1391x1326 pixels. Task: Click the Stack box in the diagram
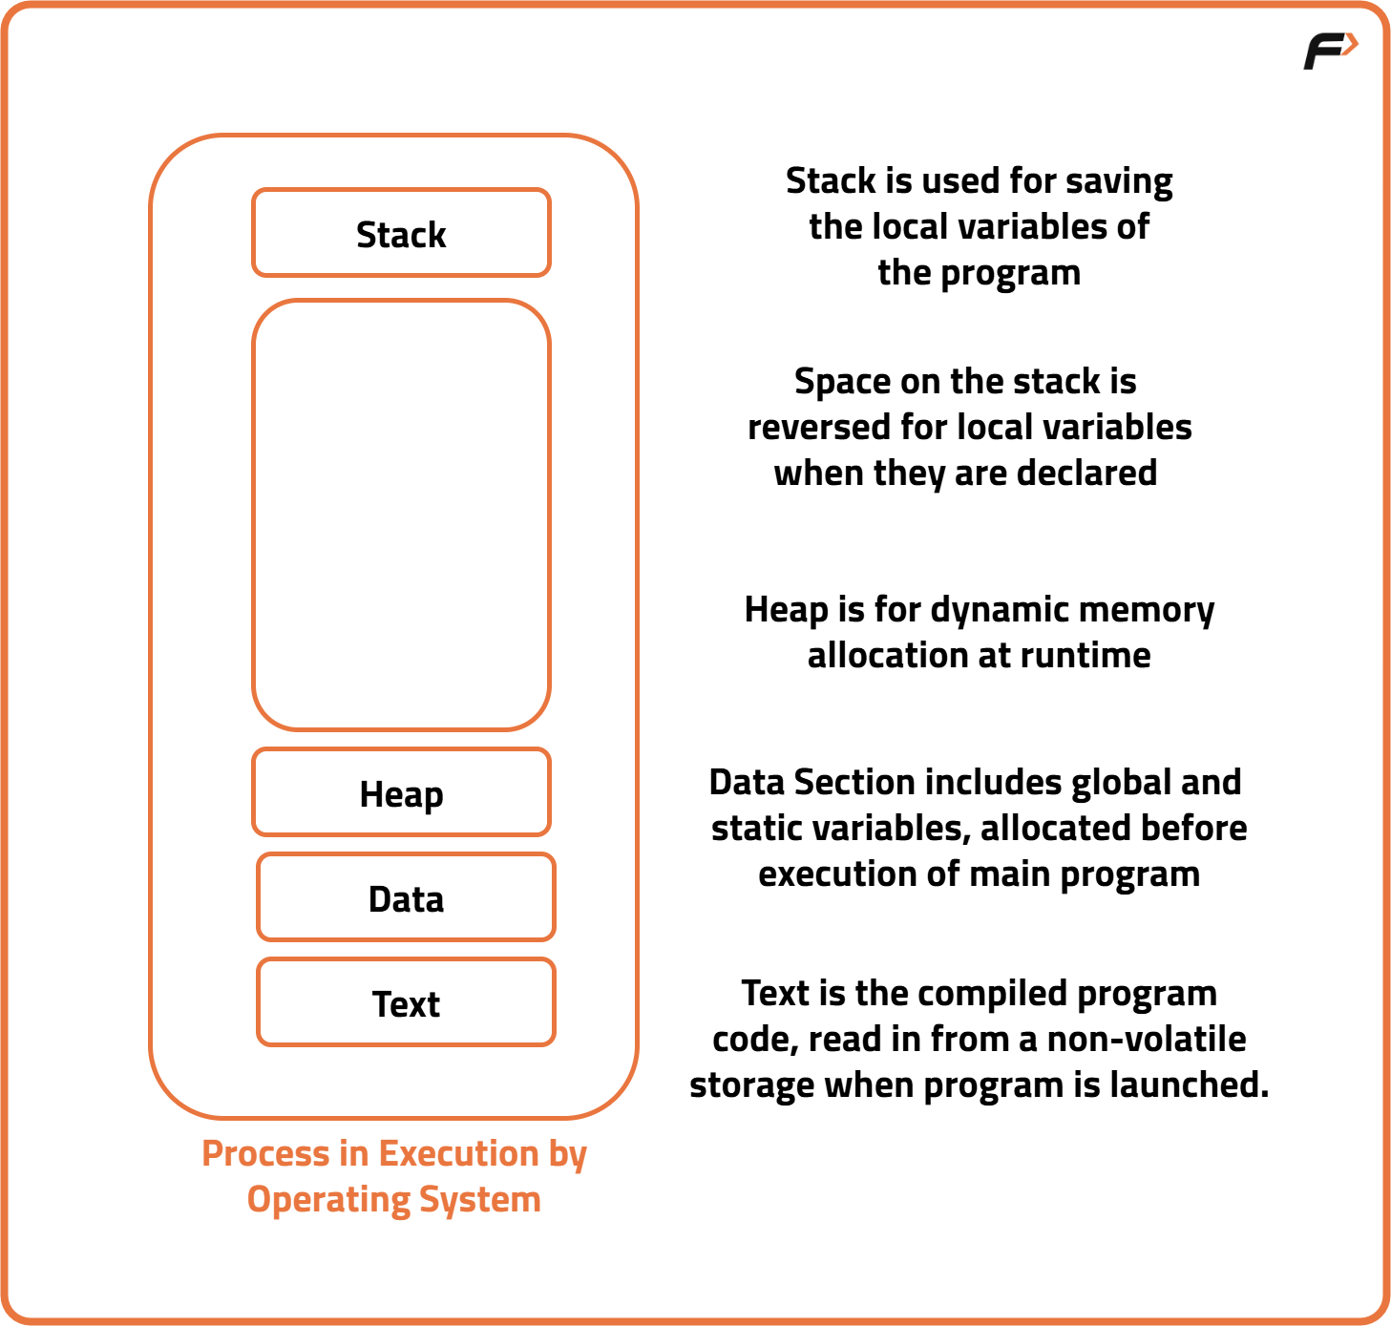401,234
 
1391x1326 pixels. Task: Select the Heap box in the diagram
401,793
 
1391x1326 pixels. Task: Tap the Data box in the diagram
406,898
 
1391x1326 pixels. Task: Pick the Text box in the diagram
406,1003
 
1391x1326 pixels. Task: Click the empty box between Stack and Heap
401,516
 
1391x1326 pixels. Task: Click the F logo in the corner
1330,51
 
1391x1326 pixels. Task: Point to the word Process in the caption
265,1154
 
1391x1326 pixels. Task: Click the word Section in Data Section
854,783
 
